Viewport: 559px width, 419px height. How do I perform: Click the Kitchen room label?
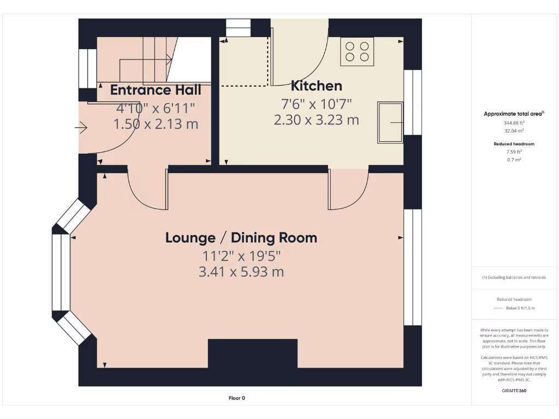point(316,86)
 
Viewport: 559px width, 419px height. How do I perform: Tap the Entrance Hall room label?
point(156,90)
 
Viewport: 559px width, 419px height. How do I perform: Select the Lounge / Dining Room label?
point(241,238)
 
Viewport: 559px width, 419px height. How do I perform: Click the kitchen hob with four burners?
point(357,51)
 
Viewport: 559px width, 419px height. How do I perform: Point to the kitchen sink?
point(389,123)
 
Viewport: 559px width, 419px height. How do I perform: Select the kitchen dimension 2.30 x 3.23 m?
point(316,119)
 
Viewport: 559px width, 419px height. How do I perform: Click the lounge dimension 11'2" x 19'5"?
point(241,255)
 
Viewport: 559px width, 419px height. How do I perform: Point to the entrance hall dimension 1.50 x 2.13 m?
point(156,124)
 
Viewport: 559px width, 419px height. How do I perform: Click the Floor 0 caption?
point(237,398)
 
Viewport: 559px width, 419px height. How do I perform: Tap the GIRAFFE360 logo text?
point(514,391)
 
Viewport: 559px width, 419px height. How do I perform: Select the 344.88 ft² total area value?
point(514,123)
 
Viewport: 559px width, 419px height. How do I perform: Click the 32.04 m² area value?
point(514,131)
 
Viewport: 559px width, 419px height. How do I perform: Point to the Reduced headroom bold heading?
point(514,144)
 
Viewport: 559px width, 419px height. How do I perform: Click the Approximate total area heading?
point(513,113)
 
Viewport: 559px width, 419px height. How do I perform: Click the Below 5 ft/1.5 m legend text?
point(520,308)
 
